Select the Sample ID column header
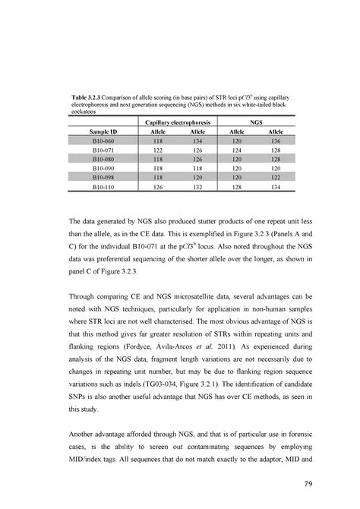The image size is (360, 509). tap(105, 131)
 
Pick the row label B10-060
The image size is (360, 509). tap(105, 141)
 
